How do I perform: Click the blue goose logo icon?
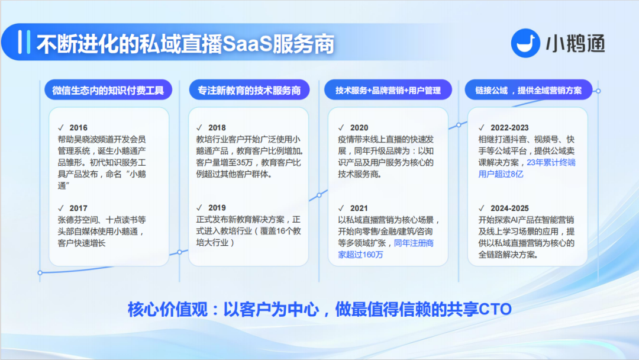point(526,43)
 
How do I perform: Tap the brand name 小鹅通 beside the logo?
point(576,44)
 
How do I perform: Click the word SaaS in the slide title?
point(247,44)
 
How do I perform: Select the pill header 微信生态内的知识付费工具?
point(108,90)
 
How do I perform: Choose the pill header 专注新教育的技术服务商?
point(249,90)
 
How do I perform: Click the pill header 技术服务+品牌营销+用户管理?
point(388,90)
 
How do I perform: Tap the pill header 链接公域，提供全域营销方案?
point(528,90)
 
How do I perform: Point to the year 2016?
point(78,128)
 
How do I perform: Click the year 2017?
point(78,208)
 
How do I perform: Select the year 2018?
point(217,128)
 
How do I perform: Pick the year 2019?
point(217,207)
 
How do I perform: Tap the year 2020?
point(359,128)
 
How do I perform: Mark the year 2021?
point(359,208)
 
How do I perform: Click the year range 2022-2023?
point(509,128)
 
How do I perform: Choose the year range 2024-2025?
point(509,208)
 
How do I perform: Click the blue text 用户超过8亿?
point(501,174)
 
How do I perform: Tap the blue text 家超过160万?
point(361,255)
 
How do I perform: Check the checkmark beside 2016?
point(61,128)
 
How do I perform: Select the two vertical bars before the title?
point(24,42)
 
